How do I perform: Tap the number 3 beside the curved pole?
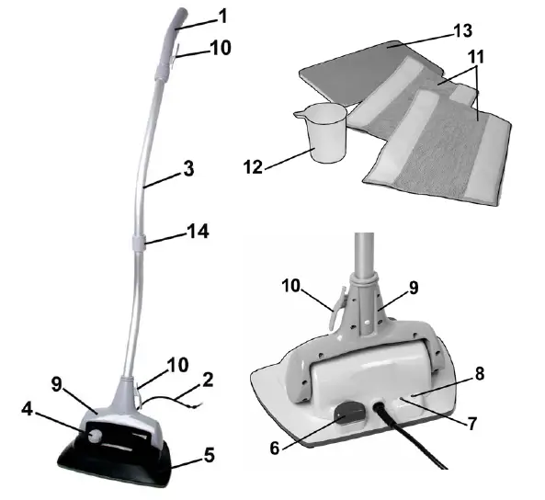(187, 170)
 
